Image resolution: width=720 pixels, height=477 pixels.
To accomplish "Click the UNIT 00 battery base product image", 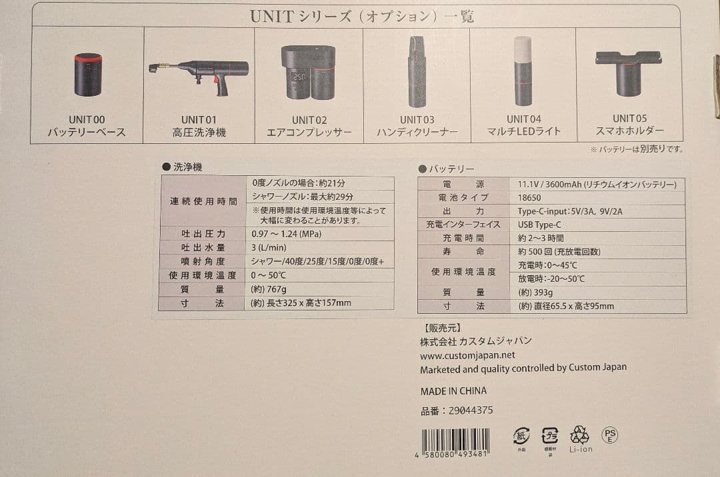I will (88, 75).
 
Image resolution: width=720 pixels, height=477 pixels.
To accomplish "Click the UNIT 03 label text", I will (417, 120).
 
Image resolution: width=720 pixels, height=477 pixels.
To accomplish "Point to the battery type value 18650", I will (529, 198).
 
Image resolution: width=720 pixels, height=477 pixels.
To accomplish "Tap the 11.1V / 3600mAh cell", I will (597, 185).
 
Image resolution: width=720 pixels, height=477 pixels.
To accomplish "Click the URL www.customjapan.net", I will (467, 355).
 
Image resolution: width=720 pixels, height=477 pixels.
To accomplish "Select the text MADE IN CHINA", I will (453, 391).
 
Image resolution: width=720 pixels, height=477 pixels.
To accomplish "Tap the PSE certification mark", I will (609, 436).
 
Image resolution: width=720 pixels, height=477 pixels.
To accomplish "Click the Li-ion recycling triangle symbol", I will (580, 435).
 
